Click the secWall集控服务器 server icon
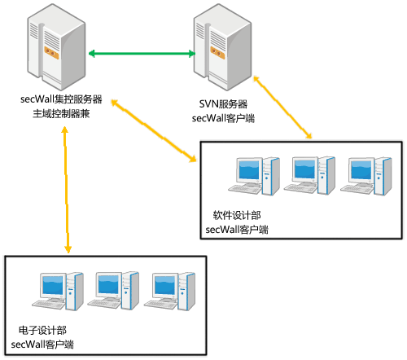[56, 47]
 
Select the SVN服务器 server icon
[222, 47]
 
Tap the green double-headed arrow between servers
[142, 54]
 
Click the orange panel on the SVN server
[217, 53]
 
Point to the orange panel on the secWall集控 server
[51, 53]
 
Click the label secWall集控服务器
[61, 99]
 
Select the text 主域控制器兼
[61, 114]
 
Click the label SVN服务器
[223, 104]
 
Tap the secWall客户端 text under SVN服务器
[223, 118]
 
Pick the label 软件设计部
[237, 215]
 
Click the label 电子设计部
[42, 330]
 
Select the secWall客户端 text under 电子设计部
[42, 345]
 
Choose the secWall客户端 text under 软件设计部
[237, 230]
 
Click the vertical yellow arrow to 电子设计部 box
[66, 190]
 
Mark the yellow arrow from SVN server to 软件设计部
[282, 108]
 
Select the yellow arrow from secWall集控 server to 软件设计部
[154, 130]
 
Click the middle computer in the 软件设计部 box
[309, 175]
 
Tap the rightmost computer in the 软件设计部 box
[366, 176]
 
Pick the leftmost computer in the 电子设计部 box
[58, 292]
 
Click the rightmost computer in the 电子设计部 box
[169, 292]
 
